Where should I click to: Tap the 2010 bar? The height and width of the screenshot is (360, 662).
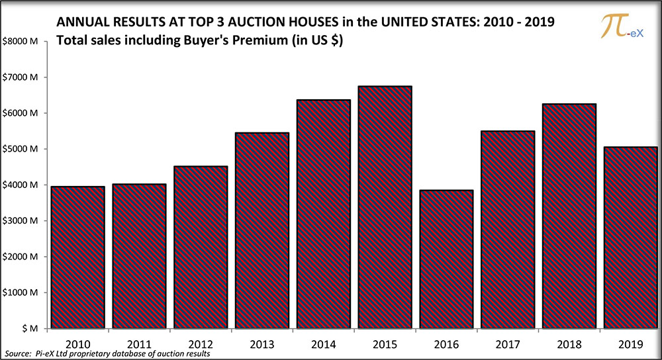click(x=77, y=257)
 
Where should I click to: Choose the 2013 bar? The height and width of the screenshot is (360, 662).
click(x=261, y=230)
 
